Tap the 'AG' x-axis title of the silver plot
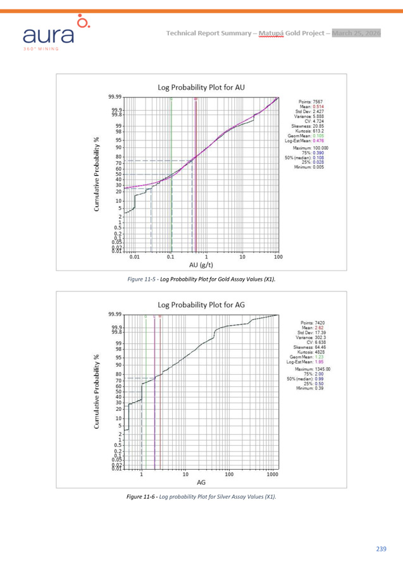point(201,482)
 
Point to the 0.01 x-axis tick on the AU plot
point(134,257)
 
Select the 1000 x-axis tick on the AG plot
point(273,474)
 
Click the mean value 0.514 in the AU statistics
point(319,106)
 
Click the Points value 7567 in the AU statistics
point(317,101)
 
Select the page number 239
point(381,549)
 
